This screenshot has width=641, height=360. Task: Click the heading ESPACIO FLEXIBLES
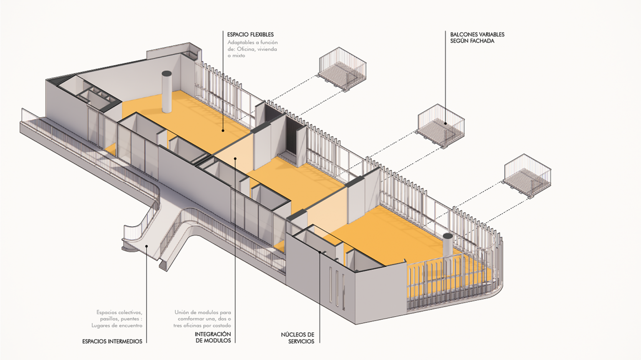click(250, 35)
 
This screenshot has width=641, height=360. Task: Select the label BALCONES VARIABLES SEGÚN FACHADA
click(477, 38)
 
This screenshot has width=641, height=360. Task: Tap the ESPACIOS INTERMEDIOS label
click(112, 341)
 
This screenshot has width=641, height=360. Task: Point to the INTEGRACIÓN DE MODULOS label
click(213, 337)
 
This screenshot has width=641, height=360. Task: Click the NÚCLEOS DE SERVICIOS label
click(298, 338)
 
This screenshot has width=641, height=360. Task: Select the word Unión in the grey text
click(182, 312)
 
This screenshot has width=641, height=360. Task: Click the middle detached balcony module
click(441, 126)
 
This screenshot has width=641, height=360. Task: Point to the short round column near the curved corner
click(448, 245)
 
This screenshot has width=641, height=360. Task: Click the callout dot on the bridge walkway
click(146, 246)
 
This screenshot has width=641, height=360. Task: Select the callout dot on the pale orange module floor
click(235, 158)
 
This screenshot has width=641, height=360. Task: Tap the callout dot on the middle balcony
click(446, 123)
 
